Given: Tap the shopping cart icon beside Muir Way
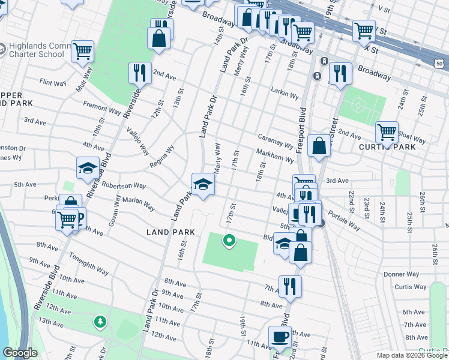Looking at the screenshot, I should pyautogui.click(x=82, y=51).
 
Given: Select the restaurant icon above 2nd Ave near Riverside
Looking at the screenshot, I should pyautogui.click(x=139, y=73).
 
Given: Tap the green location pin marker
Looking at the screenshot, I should pyautogui.click(x=229, y=241).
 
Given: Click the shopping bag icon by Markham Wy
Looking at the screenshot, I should pyautogui.click(x=319, y=146).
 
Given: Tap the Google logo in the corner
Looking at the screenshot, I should pyautogui.click(x=20, y=353).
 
